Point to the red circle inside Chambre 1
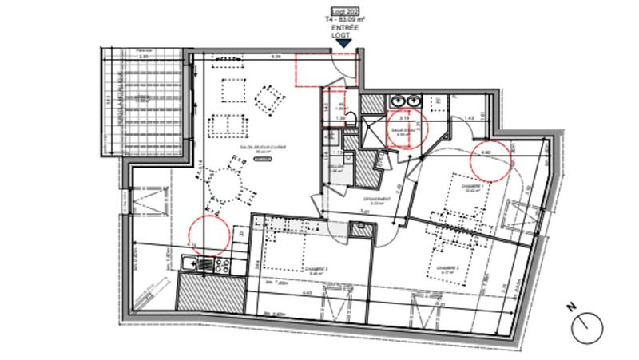click(x=490, y=160)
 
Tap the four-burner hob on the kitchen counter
click(x=221, y=263)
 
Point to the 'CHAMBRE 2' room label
click(x=447, y=269)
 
